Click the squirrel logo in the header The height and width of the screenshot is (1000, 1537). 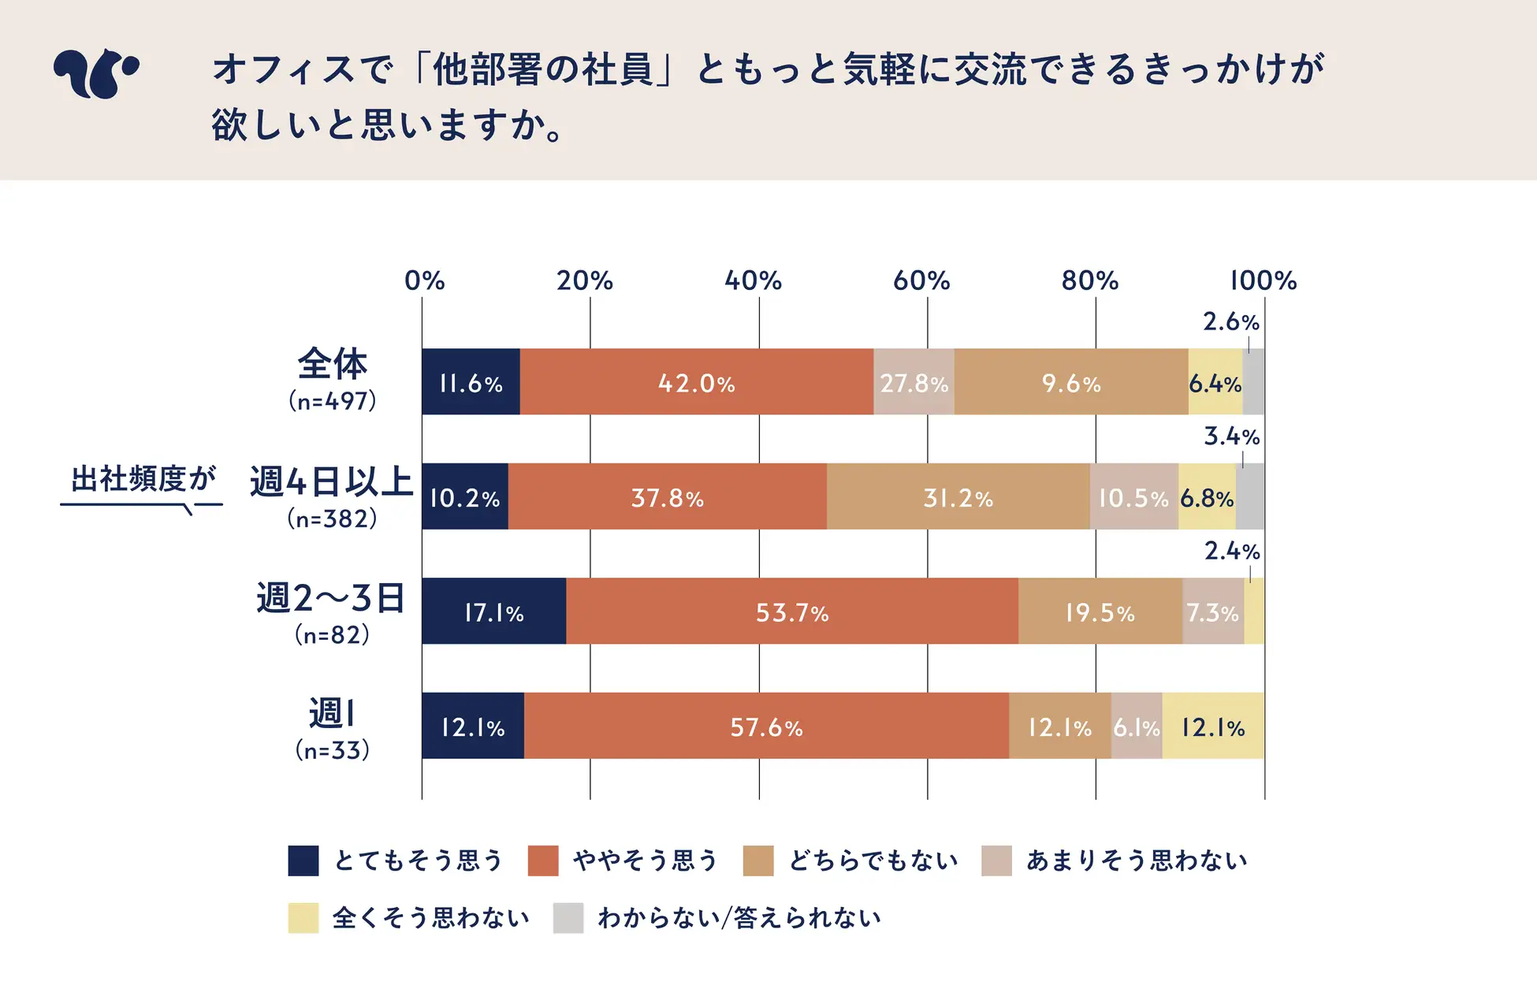point(96,73)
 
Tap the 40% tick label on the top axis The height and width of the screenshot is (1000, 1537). point(753,281)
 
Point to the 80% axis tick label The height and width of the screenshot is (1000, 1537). point(1089,281)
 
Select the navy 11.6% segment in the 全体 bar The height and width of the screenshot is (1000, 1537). point(471,382)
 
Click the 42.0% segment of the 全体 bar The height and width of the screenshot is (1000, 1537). point(697,382)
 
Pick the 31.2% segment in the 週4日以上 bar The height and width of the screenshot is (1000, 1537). point(958,497)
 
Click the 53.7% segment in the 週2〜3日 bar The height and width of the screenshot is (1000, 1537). point(792,612)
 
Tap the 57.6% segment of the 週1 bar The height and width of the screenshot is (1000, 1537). point(766,727)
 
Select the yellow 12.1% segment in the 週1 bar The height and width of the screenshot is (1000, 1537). point(1213,727)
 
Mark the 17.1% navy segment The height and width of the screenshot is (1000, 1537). point(493,612)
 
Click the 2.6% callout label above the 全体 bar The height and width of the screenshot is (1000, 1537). point(1230,322)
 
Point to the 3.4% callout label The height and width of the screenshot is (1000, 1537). point(1231,436)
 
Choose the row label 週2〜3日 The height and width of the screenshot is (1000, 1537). point(331,598)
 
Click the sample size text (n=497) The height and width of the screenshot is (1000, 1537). point(332,401)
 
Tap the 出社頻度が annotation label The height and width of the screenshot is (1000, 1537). point(143,478)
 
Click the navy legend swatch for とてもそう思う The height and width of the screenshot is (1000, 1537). point(303,861)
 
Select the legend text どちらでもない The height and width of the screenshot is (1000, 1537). point(873,861)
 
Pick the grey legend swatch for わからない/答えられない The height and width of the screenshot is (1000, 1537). point(568,918)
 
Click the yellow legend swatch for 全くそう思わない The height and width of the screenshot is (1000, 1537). point(303,918)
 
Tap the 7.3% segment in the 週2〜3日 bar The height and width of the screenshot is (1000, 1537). point(1213,612)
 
